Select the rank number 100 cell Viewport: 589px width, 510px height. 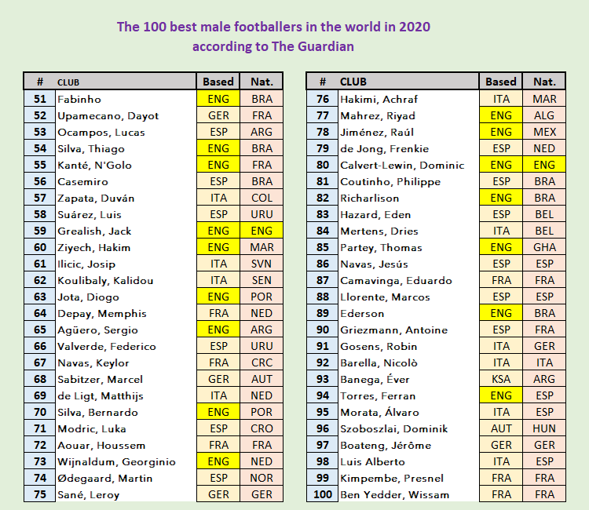(322, 495)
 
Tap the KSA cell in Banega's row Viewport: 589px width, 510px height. (501, 380)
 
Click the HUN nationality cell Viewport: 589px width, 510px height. (544, 429)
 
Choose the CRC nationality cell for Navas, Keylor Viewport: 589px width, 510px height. (262, 363)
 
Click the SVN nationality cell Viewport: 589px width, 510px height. (262, 264)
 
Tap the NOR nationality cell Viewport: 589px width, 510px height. (262, 479)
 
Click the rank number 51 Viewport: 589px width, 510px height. (40, 100)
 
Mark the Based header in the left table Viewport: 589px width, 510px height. (218, 82)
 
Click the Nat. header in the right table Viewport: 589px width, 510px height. (544, 82)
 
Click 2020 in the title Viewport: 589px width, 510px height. (415, 27)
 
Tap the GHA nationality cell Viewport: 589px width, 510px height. (544, 248)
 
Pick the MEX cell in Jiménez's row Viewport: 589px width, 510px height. (544, 133)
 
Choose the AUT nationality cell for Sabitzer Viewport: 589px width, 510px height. (262, 380)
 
